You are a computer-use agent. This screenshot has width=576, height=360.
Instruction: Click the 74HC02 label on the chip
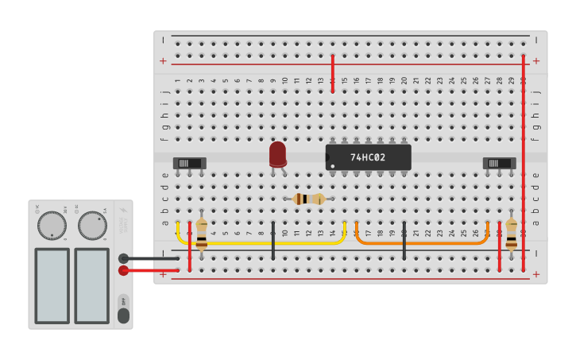coord(368,157)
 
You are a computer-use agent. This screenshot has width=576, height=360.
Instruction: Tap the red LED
coord(277,153)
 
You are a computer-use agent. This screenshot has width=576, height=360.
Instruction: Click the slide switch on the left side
coord(189,163)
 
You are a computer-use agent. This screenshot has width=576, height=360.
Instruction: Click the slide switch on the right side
coord(499,163)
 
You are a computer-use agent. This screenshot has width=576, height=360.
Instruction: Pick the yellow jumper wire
coord(262,242)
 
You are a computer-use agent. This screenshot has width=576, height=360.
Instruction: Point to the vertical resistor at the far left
coord(202,235)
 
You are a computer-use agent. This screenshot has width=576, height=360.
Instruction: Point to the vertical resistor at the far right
coord(511,235)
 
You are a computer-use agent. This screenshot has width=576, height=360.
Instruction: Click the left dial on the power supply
coord(52,226)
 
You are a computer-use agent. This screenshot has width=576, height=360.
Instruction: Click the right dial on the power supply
coord(92,226)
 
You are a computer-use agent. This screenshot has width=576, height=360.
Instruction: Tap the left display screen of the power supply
coord(52,285)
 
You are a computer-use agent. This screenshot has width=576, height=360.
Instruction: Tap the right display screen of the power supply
coord(92,285)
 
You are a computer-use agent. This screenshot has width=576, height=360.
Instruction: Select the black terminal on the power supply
coord(123,258)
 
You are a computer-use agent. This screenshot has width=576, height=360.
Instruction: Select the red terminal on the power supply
coord(123,270)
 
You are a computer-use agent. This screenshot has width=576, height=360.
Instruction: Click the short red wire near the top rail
coord(332,74)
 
